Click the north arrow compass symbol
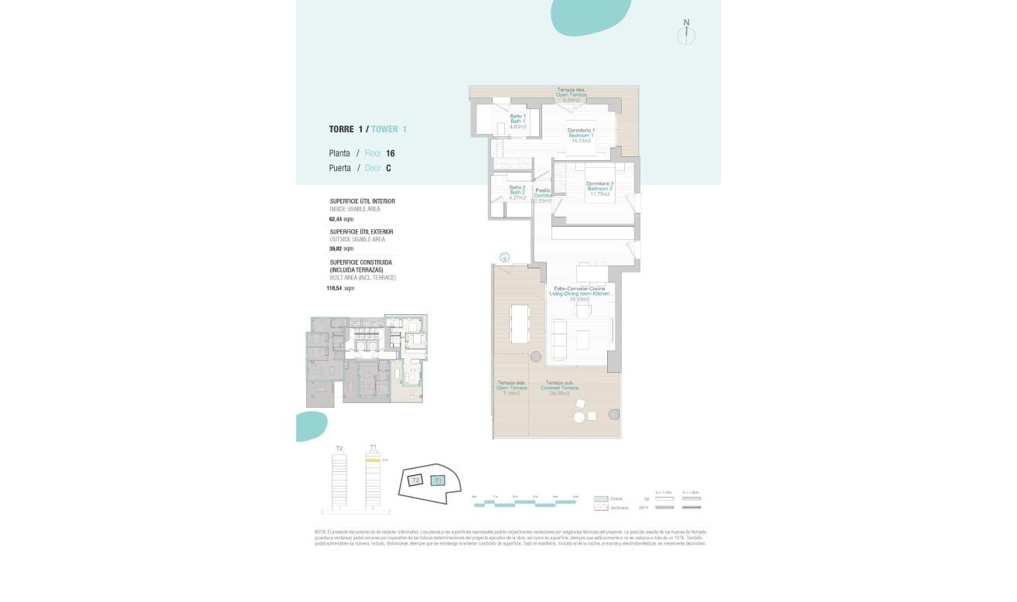[x=686, y=34]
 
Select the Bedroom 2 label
[x=599, y=189]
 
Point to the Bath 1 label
[x=517, y=121]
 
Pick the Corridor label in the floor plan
[x=543, y=195]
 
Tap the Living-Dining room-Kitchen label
[x=579, y=294]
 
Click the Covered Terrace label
[x=561, y=388]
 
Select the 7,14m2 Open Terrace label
[x=511, y=388]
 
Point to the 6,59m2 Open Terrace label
[x=572, y=95]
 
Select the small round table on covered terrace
[x=578, y=418]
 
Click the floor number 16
[x=391, y=153]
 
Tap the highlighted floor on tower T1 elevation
[x=373, y=460]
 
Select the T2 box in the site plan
[x=415, y=481]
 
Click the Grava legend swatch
[x=600, y=498]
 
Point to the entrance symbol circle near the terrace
[x=504, y=257]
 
